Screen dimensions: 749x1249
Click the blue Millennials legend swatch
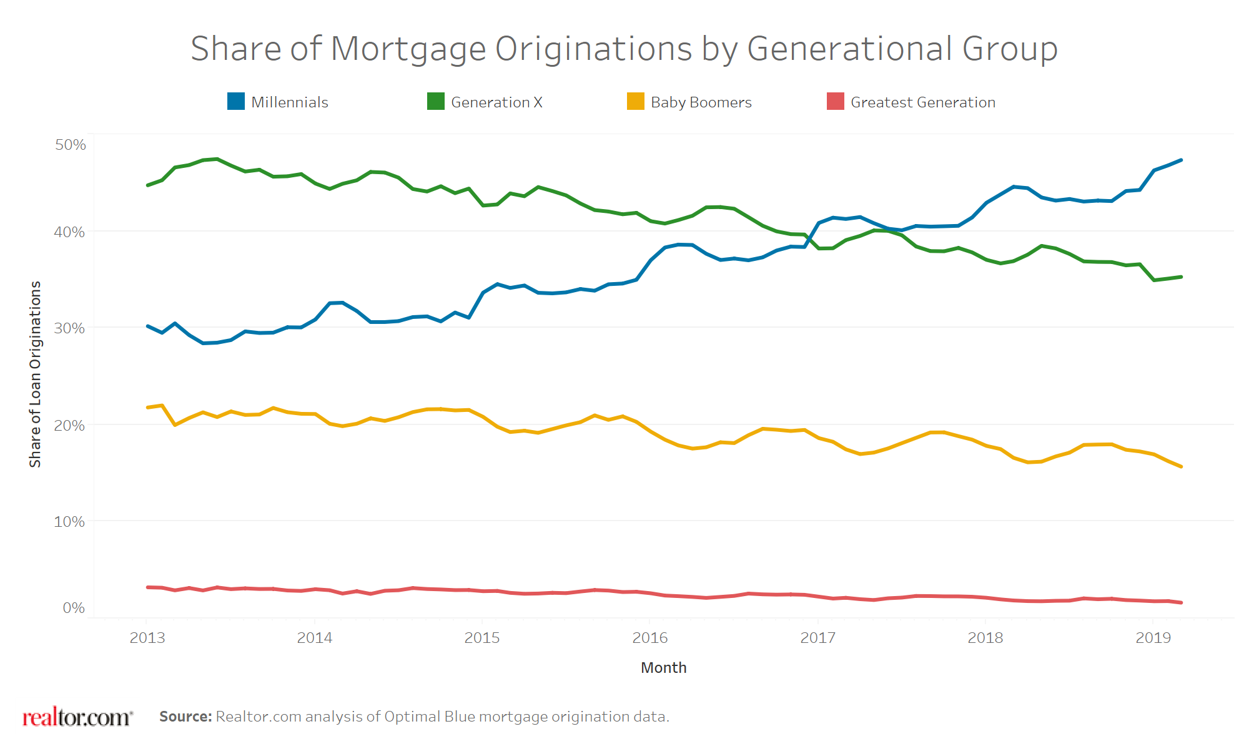click(x=236, y=101)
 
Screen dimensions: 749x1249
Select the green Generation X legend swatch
click(x=436, y=101)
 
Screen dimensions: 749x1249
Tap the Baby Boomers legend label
click(x=701, y=102)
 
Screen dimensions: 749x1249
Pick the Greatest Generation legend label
click(x=922, y=102)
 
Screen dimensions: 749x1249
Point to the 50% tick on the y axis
click(x=71, y=145)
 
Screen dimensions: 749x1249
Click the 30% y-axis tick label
click(x=69, y=328)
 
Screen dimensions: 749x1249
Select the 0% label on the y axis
click(x=74, y=608)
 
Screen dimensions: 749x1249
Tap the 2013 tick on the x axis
click(x=147, y=637)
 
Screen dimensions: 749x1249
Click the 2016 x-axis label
click(x=650, y=637)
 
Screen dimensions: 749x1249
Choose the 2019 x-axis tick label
click(x=1153, y=637)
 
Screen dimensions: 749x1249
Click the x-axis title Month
click(x=663, y=667)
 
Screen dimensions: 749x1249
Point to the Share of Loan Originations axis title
click(x=35, y=374)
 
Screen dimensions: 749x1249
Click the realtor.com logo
click(x=77, y=717)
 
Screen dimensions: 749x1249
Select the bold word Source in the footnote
click(x=185, y=717)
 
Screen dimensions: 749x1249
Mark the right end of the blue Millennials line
click(x=1180, y=160)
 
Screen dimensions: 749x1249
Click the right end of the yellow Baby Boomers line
click(x=1180, y=466)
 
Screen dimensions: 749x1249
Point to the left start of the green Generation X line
click(x=148, y=185)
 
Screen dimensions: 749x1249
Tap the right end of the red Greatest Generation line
click(x=1180, y=602)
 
